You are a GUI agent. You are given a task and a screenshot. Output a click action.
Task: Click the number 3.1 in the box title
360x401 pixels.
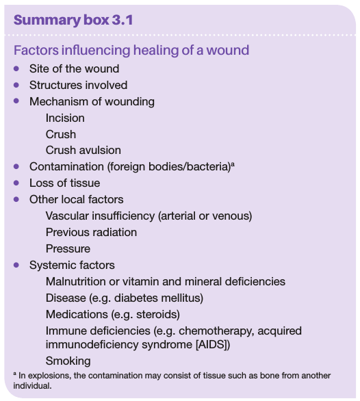[x=123, y=20]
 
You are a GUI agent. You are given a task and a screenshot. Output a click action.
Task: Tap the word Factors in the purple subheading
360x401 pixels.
[x=36, y=50]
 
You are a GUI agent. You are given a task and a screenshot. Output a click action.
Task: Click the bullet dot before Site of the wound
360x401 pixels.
[x=16, y=68]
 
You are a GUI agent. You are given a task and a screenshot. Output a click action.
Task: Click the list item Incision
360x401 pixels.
[x=65, y=118]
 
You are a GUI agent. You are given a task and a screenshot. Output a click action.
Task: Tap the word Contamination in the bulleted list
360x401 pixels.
[x=66, y=166]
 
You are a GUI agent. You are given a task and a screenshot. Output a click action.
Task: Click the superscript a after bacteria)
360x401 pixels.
[x=233, y=164]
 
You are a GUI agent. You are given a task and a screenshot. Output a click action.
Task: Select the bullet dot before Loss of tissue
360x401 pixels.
[x=16, y=183]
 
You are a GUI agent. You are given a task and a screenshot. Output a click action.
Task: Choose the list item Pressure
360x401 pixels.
[x=68, y=248]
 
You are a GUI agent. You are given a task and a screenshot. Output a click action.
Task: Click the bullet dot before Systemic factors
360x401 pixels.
[x=16, y=265]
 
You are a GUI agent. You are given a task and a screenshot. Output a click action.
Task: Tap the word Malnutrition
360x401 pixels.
[x=76, y=281]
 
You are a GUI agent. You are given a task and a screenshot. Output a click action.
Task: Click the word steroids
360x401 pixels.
[x=158, y=314]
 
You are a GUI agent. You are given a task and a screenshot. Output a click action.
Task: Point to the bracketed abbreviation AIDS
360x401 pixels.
[x=213, y=344]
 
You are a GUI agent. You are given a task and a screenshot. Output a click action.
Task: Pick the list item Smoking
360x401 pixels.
[x=68, y=361]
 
